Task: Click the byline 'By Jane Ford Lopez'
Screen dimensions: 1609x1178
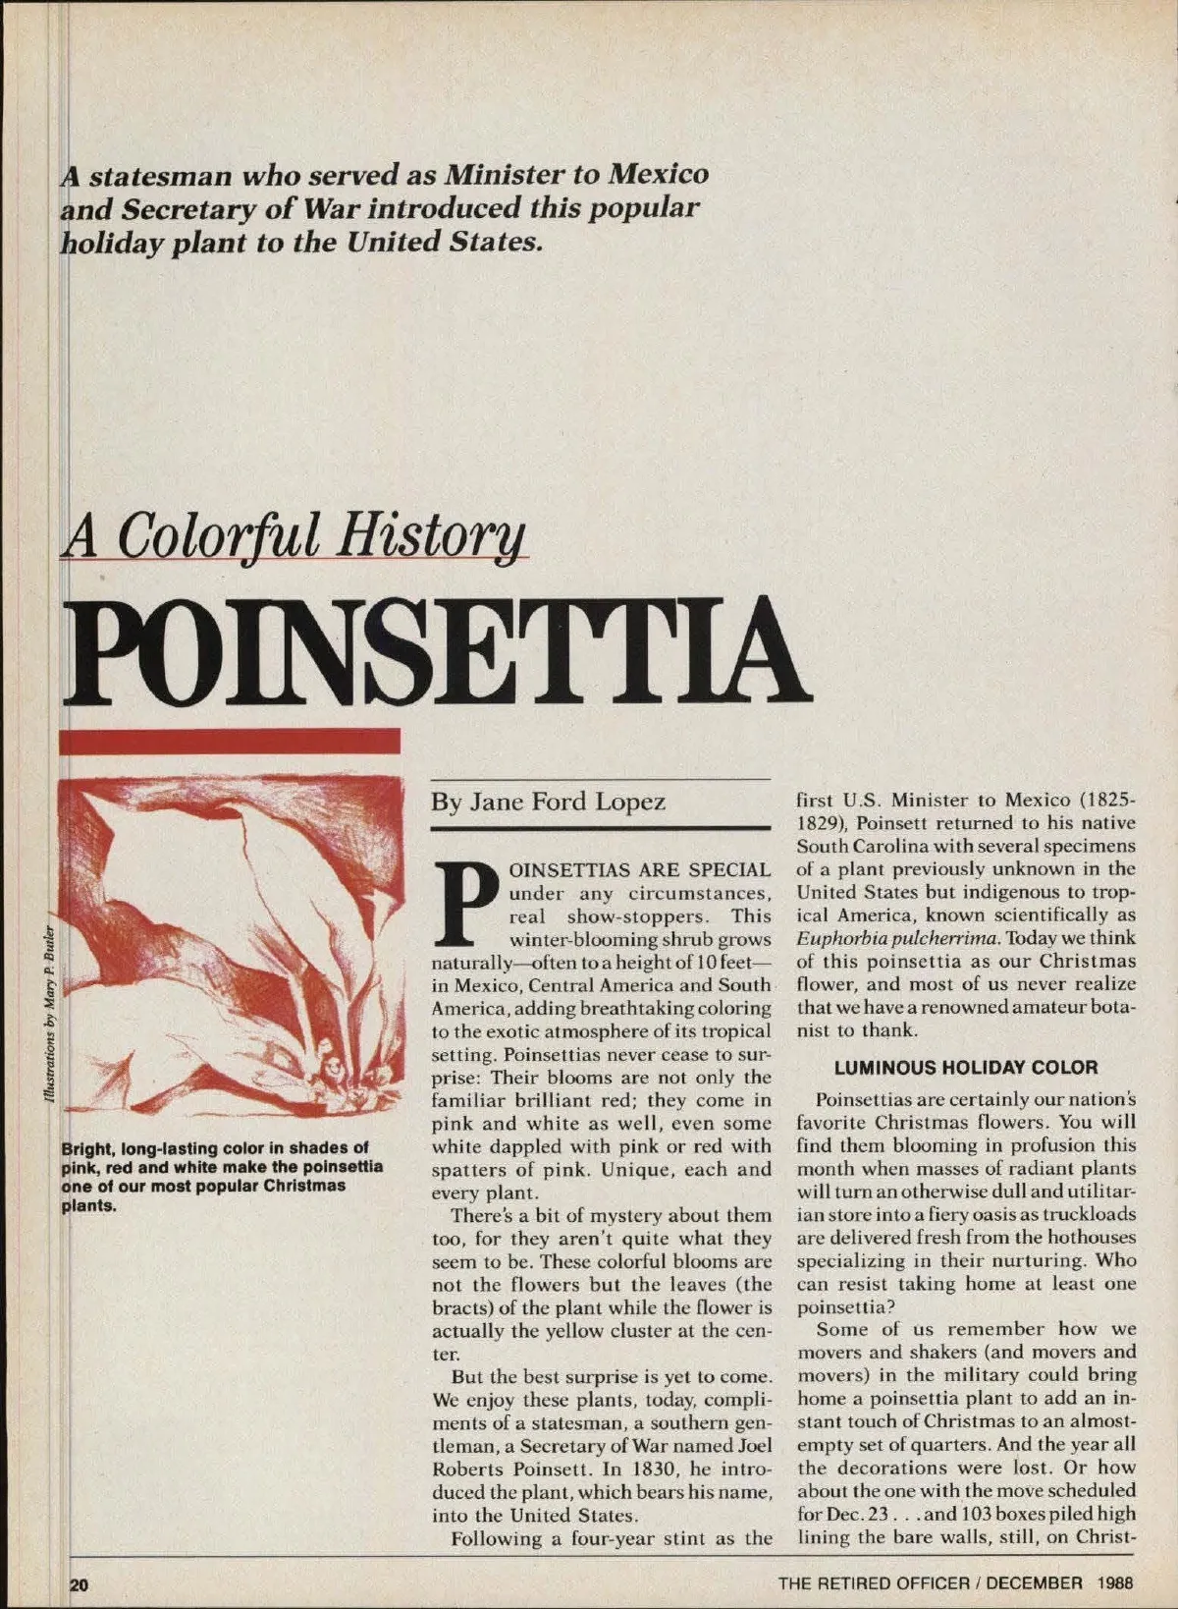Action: coord(548,803)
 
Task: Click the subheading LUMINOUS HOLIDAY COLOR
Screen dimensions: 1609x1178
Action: coord(966,1068)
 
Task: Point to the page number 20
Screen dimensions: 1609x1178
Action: coord(79,1583)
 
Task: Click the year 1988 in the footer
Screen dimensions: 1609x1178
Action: coord(1116,1582)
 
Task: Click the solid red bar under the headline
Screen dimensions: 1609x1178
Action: coord(230,742)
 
